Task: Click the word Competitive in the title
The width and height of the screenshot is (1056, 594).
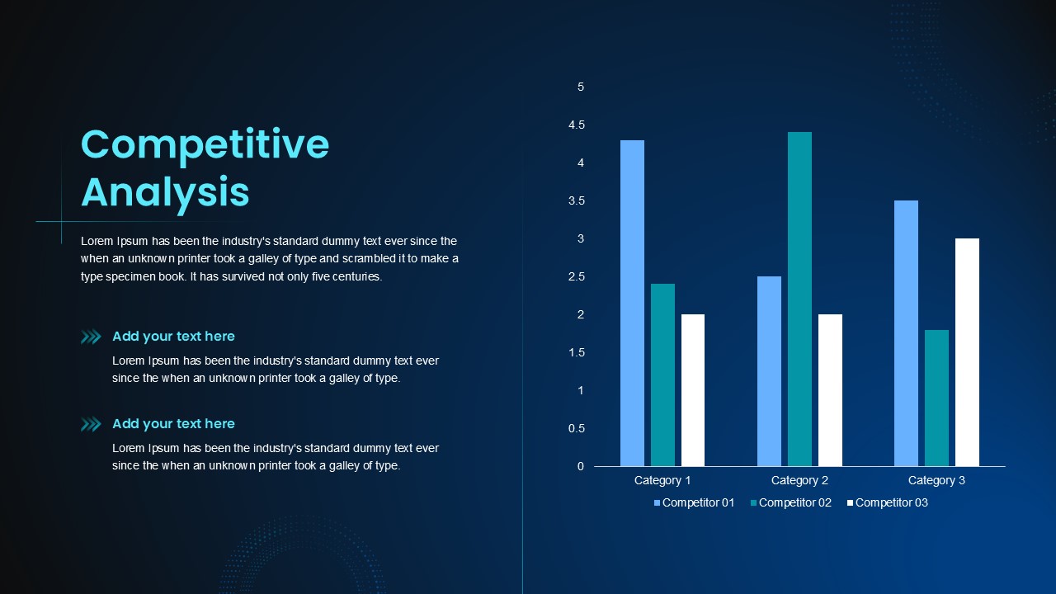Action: (205, 145)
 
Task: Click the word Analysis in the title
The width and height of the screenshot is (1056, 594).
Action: (165, 193)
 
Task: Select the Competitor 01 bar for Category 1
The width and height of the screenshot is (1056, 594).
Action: (632, 303)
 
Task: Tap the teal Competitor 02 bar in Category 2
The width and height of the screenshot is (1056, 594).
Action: (799, 299)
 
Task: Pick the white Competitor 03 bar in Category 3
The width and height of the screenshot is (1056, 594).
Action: (968, 352)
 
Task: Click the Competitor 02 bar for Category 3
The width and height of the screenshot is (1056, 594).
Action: (936, 398)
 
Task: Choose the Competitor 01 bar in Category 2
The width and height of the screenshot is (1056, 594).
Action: (770, 371)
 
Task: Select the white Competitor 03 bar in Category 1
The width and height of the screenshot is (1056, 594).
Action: (693, 390)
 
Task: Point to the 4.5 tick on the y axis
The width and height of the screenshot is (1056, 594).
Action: (577, 125)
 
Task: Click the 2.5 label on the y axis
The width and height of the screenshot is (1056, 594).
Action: (577, 276)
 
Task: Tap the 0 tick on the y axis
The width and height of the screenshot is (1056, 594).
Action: (581, 466)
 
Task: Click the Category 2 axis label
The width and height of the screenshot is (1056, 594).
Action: (799, 480)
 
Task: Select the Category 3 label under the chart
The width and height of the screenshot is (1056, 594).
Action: (936, 480)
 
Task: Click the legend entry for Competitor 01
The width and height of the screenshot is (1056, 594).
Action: (694, 503)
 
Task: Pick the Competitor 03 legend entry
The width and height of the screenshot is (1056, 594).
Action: (887, 503)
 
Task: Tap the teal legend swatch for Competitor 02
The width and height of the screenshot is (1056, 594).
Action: (753, 503)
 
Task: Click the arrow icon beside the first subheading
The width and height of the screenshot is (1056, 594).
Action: (91, 337)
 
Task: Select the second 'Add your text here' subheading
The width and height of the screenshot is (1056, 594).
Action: (173, 424)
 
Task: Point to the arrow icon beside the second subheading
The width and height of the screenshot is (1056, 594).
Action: (91, 424)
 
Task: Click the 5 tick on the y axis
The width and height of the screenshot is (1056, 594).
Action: (581, 87)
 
